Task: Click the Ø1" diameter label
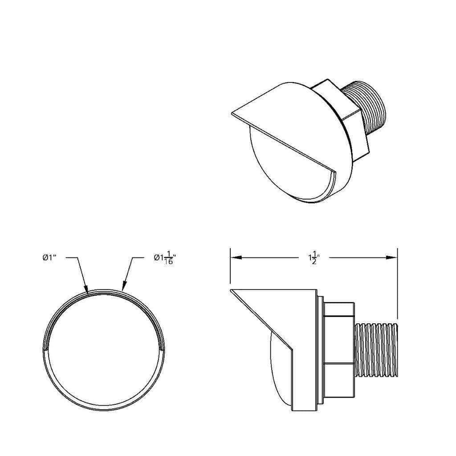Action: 49,257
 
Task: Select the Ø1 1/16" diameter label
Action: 165,258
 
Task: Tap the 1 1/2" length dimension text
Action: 314,258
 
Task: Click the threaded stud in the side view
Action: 376,350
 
